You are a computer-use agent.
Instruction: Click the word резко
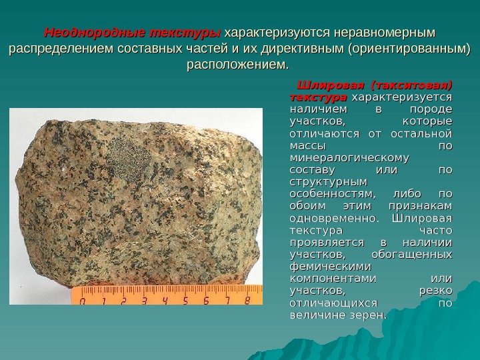pos(435,289)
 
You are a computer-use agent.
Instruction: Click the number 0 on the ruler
pos(83,301)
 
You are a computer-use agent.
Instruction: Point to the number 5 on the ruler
pos(185,301)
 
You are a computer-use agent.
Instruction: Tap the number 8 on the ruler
pos(247,301)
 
